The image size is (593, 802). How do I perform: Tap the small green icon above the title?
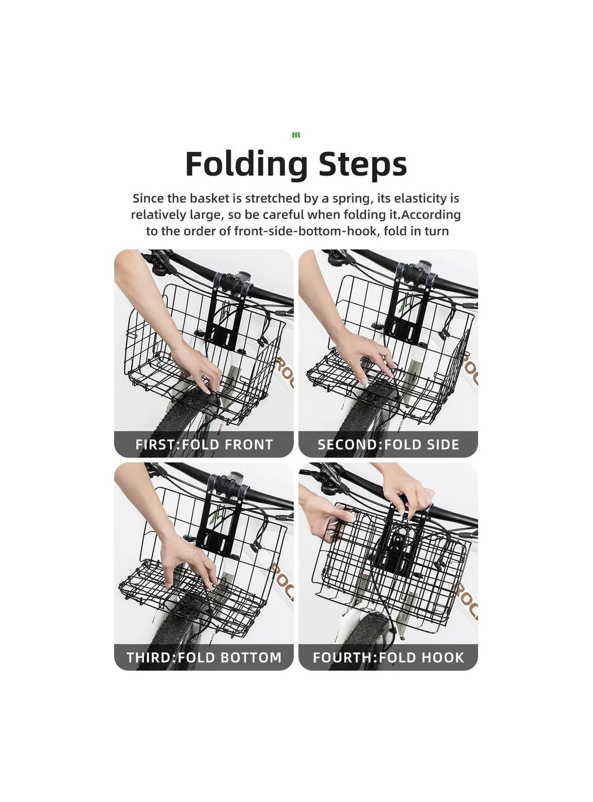[x=296, y=135]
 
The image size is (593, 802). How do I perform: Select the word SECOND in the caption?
[x=349, y=445]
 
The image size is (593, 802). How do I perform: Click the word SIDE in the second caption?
[x=440, y=445]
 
